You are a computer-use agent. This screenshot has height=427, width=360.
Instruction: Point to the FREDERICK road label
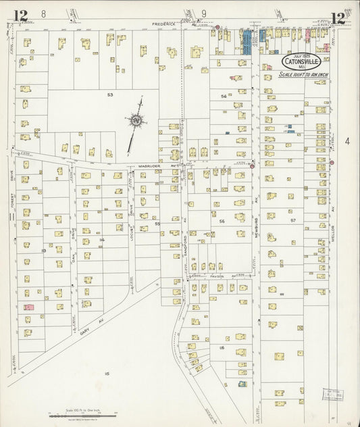(164, 24)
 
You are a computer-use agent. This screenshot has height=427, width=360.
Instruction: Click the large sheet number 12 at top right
(338, 18)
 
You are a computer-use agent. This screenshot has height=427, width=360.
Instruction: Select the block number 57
(293, 220)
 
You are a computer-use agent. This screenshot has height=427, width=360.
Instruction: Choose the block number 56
(221, 221)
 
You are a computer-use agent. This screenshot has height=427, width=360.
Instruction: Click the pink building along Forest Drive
(28, 307)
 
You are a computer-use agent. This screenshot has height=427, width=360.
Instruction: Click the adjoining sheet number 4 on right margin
(347, 141)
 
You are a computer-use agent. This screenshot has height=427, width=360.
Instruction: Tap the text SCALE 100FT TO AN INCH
(300, 73)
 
